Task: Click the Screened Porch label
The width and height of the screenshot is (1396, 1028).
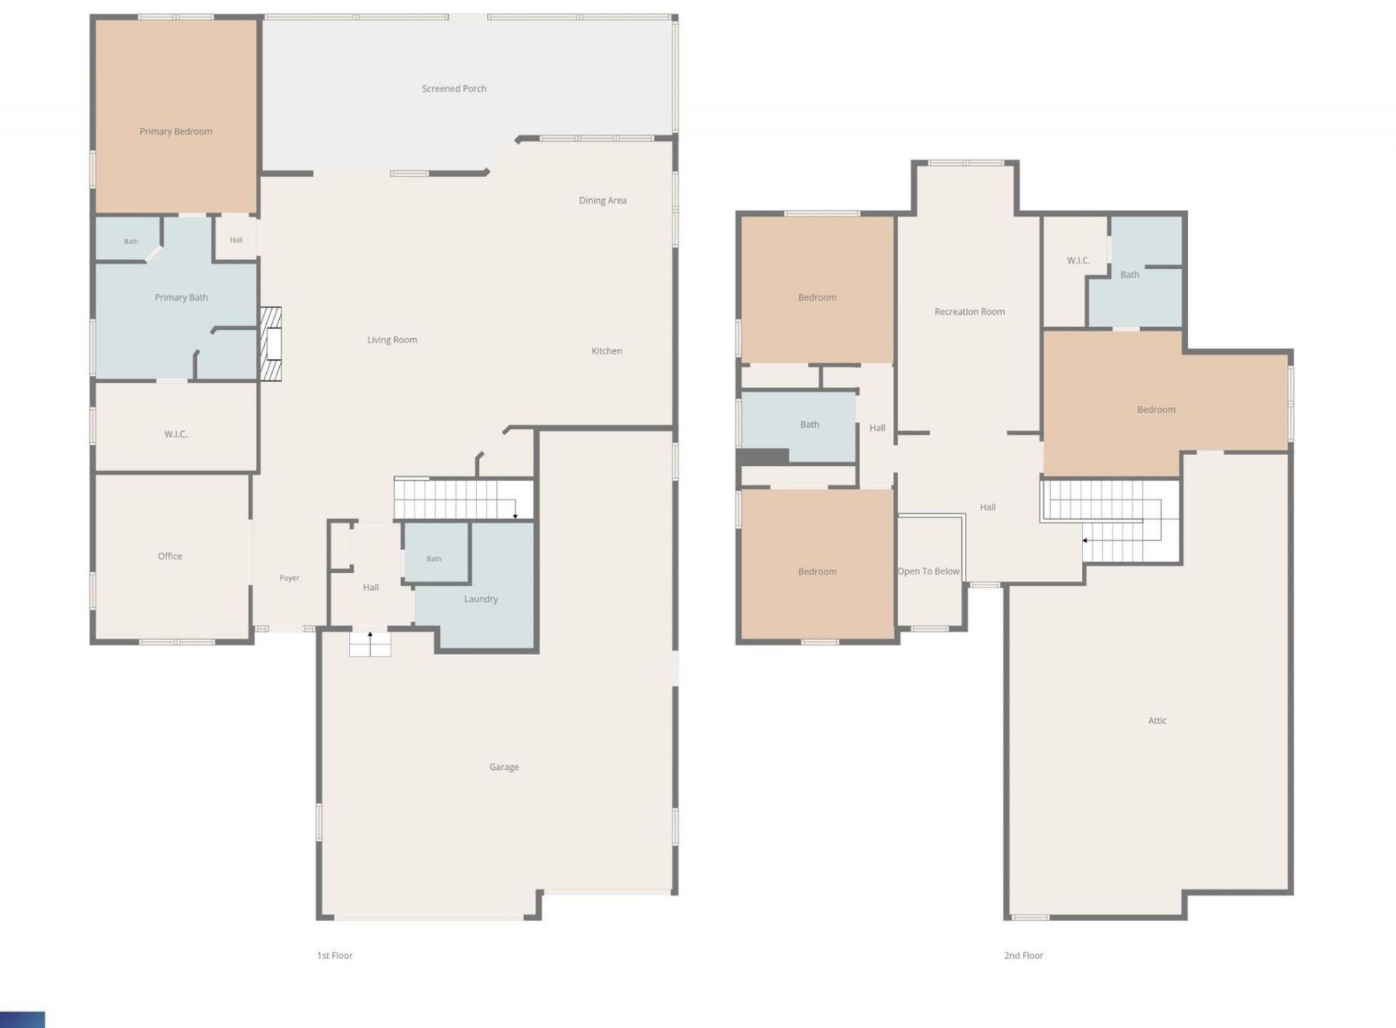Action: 454,89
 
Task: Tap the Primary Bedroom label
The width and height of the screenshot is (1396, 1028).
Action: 176,132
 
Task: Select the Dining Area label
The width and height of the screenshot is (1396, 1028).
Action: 603,201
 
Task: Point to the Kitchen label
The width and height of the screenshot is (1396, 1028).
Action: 606,351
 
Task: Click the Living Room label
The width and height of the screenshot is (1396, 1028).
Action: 392,340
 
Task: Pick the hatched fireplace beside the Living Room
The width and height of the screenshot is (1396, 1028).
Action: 271,344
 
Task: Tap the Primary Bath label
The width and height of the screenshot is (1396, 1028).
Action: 181,297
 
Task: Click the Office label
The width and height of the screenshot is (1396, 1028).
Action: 170,556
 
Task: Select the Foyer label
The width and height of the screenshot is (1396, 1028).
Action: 289,578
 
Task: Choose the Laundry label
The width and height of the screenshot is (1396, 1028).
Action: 481,599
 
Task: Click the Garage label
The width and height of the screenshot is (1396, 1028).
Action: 504,767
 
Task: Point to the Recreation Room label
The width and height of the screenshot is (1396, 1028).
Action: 970,312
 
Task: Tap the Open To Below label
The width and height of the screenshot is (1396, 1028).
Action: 928,571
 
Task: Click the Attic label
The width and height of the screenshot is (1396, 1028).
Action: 1158,720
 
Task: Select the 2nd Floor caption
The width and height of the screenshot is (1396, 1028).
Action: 1024,955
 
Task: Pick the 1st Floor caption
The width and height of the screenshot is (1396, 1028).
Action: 334,955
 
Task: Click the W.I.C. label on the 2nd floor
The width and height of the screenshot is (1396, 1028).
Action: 1078,260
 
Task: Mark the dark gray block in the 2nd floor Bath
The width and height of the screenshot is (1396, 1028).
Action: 763,457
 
